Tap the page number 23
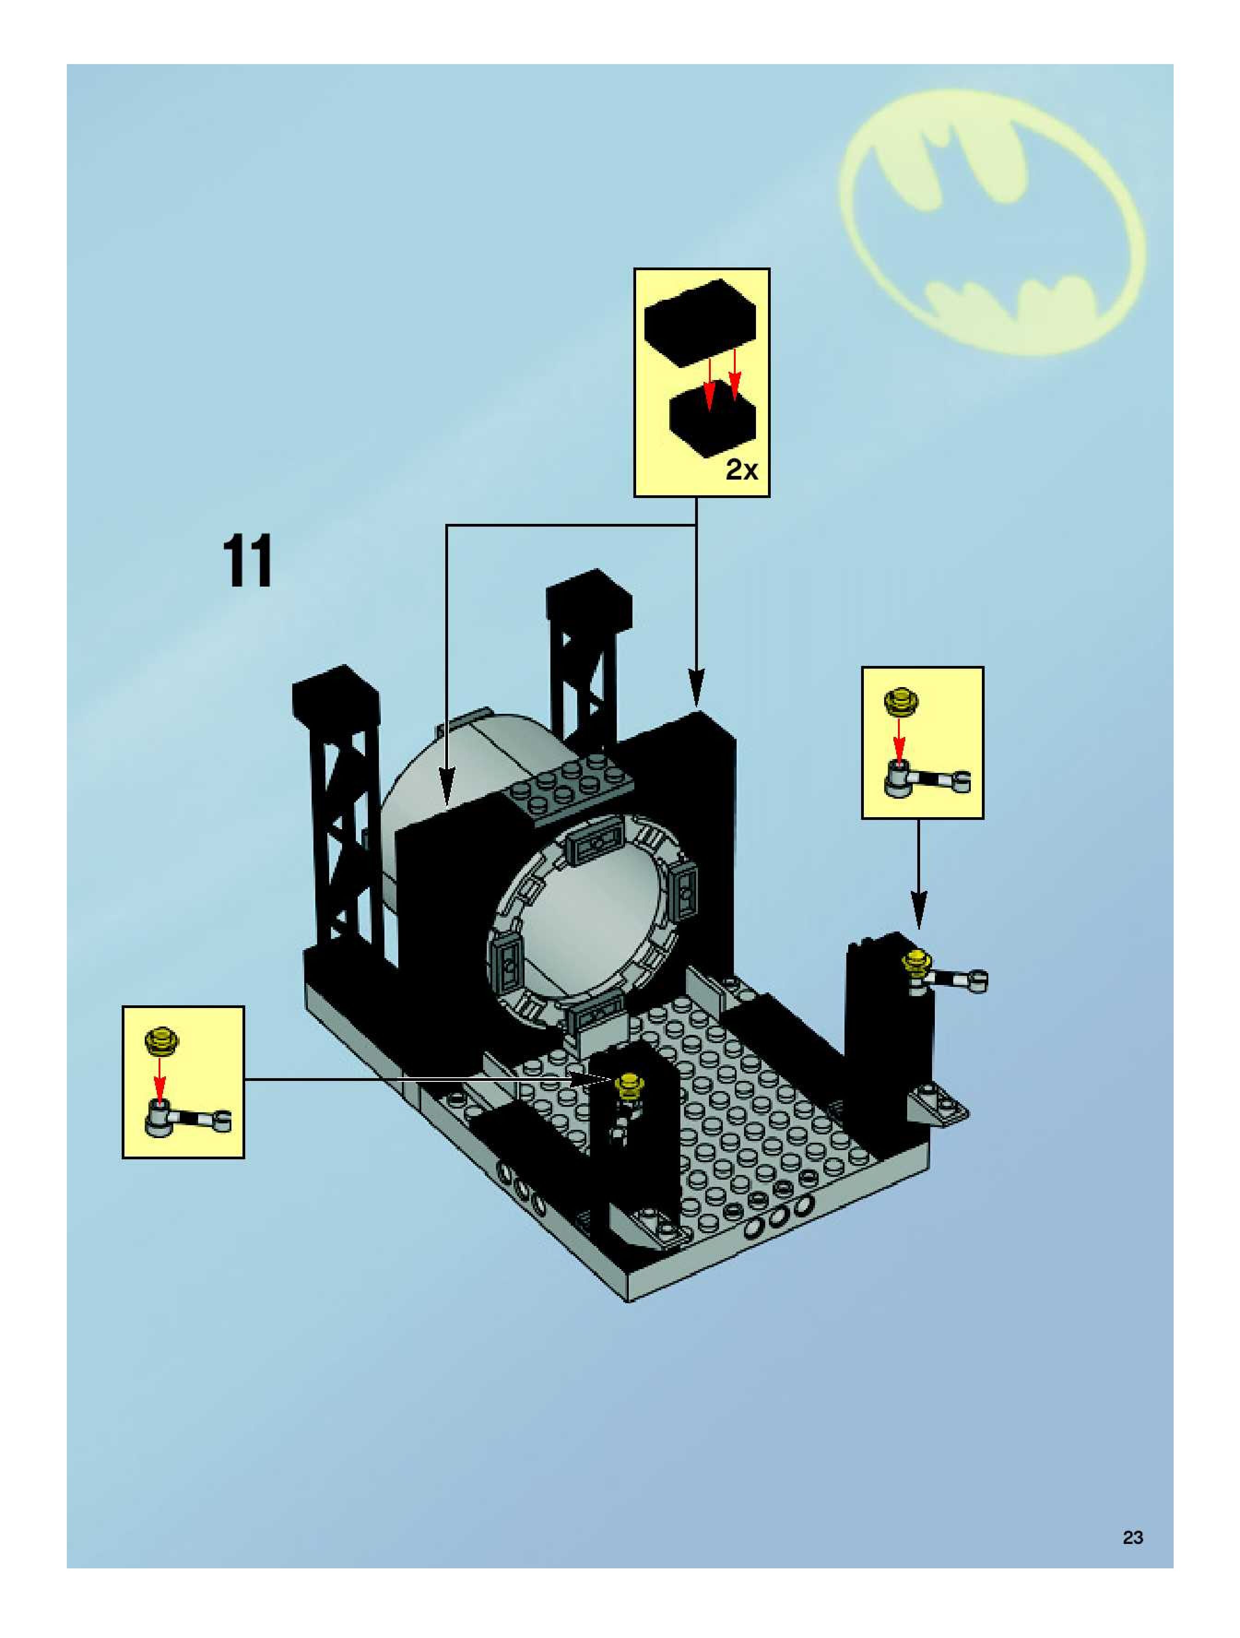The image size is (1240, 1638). point(1132,1537)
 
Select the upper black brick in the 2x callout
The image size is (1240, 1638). point(700,322)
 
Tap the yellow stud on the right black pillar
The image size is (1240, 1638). point(916,961)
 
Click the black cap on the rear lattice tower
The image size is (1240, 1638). point(589,596)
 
